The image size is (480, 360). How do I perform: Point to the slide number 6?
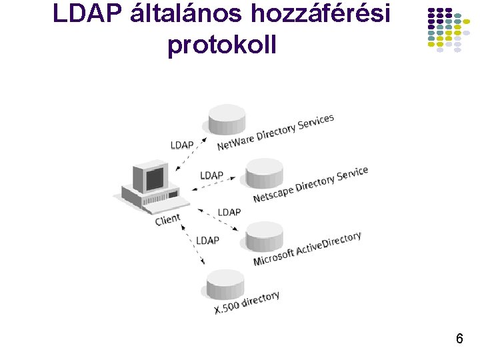click(x=459, y=339)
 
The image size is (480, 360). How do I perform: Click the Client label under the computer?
click(x=167, y=219)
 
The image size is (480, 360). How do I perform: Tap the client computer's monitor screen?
click(x=154, y=178)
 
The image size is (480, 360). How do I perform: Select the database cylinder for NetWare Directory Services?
click(x=227, y=119)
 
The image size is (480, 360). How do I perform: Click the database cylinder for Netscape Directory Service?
click(x=265, y=173)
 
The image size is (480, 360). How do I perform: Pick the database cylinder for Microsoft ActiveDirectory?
click(x=264, y=237)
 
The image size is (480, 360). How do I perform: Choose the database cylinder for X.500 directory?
click(x=225, y=285)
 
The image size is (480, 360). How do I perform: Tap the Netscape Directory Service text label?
click(x=311, y=185)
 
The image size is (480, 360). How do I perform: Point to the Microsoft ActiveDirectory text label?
click(x=307, y=248)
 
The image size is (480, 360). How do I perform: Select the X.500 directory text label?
click(x=247, y=303)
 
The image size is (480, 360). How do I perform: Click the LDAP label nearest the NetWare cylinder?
click(x=182, y=144)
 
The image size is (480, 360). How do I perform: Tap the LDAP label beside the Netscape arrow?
click(x=212, y=175)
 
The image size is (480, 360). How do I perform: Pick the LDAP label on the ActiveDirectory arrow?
click(x=229, y=212)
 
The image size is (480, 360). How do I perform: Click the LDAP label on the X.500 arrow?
click(x=207, y=239)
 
